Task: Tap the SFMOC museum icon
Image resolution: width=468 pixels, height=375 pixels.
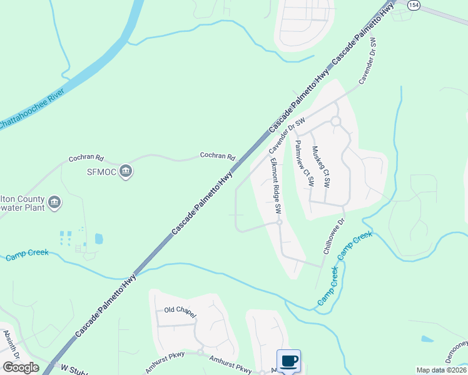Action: click(126, 172)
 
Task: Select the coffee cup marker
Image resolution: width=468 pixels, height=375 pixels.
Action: click(288, 361)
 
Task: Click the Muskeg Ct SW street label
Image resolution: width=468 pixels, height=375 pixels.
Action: click(321, 167)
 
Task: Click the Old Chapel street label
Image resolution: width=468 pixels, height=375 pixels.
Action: click(180, 310)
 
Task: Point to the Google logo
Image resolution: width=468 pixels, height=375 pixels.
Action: click(21, 367)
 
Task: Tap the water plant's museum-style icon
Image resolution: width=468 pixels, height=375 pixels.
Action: click(54, 202)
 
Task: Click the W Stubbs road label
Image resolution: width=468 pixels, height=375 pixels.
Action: click(74, 369)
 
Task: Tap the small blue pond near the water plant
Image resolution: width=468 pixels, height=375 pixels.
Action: click(99, 238)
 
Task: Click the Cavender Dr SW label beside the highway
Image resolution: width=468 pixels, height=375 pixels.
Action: click(287, 134)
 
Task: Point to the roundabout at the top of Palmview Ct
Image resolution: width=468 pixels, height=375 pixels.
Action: click(335, 121)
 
